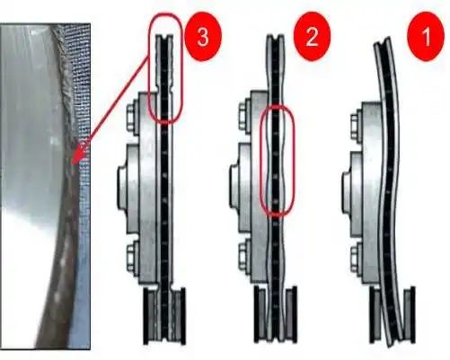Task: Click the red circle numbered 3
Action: (203, 37)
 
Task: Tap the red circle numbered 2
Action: (312, 37)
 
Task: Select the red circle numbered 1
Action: (426, 37)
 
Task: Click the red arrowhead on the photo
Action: (78, 154)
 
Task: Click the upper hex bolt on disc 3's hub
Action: (131, 118)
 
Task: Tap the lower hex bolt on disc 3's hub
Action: (131, 259)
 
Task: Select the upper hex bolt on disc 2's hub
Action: (244, 118)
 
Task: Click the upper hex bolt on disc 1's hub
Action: (355, 127)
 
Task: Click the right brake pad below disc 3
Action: (179, 316)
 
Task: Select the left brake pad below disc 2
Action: (260, 314)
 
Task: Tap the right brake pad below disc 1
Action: (409, 315)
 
